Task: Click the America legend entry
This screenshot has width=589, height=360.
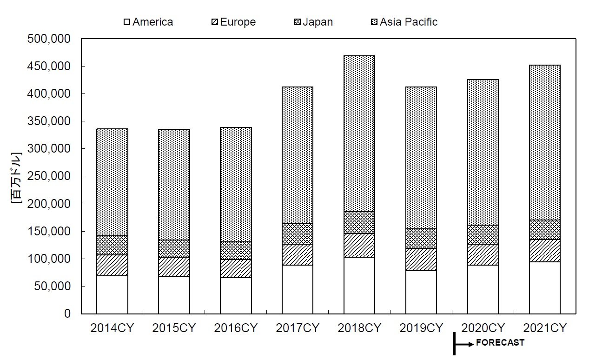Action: tap(148, 22)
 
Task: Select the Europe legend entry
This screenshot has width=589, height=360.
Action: tap(234, 22)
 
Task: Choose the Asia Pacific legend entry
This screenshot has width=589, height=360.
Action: tap(404, 22)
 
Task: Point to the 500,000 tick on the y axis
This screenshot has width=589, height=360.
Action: tap(49, 39)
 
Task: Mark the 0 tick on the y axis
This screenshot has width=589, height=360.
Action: tap(67, 313)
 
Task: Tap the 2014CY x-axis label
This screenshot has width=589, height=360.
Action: tap(112, 328)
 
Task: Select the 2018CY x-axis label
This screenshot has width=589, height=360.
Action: tap(359, 328)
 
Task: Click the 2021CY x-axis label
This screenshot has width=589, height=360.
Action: tap(545, 328)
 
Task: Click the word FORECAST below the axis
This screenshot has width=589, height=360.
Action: tap(500, 343)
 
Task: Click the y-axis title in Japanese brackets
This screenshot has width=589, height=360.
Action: tap(17, 177)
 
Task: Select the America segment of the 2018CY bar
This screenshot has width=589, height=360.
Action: tap(359, 285)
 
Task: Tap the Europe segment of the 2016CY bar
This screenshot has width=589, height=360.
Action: tap(236, 268)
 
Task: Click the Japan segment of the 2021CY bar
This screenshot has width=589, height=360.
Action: tap(545, 229)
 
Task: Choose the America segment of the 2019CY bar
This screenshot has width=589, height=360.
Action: tap(421, 292)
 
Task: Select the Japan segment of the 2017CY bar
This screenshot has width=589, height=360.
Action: tap(298, 233)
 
